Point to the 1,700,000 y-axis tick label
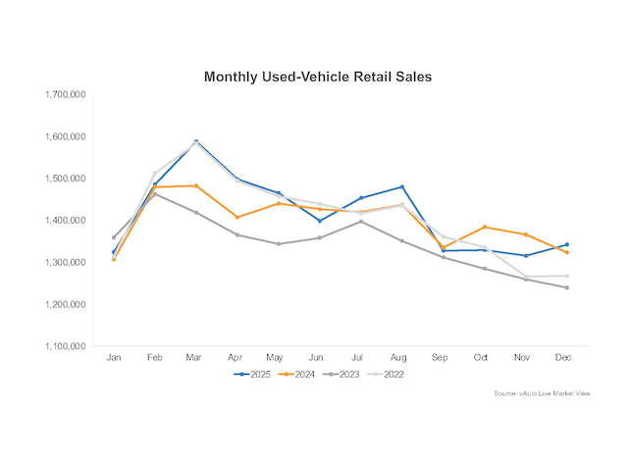coord(65,95)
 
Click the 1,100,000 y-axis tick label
coord(65,346)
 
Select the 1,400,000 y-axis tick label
coord(65,221)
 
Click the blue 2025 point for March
coord(196,141)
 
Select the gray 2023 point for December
coord(566,287)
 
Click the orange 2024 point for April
coord(237,217)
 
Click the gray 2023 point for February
coord(154,194)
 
